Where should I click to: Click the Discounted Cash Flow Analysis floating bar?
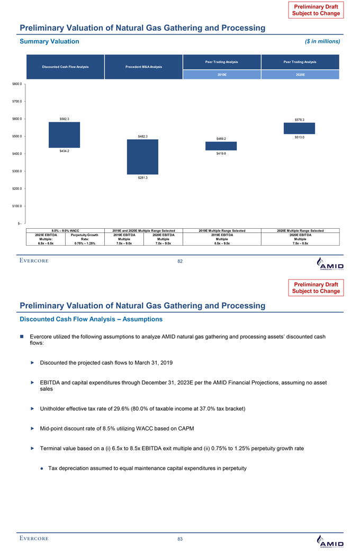(64, 134)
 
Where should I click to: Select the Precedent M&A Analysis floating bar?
(142, 157)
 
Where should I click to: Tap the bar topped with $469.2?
(221, 146)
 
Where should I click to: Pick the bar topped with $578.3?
(299, 128)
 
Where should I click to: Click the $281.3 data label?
(142, 177)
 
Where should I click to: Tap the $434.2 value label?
(64, 151)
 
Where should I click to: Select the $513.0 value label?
(299, 137)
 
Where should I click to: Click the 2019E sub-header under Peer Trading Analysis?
(222, 75)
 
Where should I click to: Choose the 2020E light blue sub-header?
(300, 75)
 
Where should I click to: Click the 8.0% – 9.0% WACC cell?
(65, 230)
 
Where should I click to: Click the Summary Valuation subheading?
(49, 41)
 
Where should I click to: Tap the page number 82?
(180, 262)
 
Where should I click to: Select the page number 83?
(180, 539)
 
